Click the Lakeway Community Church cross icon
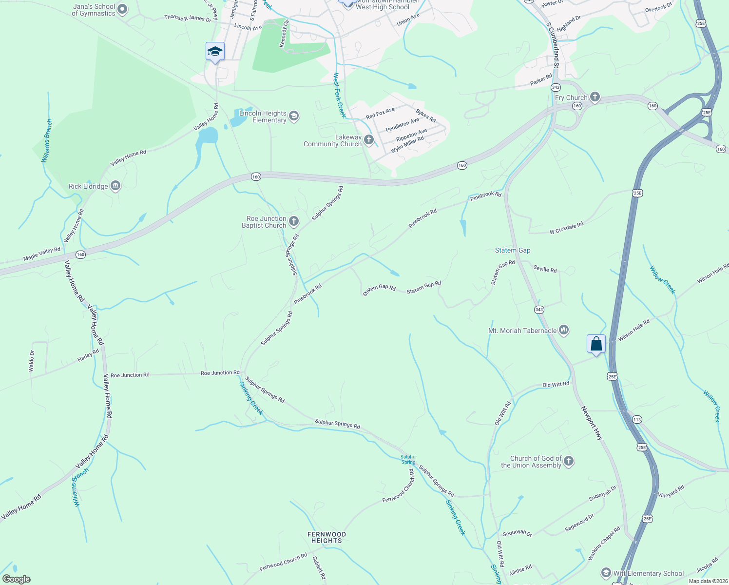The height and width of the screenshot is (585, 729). pyautogui.click(x=369, y=140)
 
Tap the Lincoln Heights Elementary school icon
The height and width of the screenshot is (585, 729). pyautogui.click(x=294, y=116)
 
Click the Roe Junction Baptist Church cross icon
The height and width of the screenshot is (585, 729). pyautogui.click(x=294, y=222)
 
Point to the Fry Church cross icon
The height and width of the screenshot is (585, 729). pyautogui.click(x=595, y=97)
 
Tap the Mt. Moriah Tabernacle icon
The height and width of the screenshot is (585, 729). pyautogui.click(x=564, y=330)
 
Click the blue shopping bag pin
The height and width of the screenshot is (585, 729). pyautogui.click(x=596, y=345)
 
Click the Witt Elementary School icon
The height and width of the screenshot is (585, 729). pyautogui.click(x=606, y=573)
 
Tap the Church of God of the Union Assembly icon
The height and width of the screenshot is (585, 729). pyautogui.click(x=569, y=461)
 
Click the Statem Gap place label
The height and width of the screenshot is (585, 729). pyautogui.click(x=513, y=250)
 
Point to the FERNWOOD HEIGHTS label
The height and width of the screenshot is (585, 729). pyautogui.click(x=326, y=537)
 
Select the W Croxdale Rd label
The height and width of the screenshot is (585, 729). pyautogui.click(x=566, y=228)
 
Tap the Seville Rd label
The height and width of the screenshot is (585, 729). pyautogui.click(x=545, y=269)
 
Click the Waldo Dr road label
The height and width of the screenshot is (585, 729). pyautogui.click(x=32, y=361)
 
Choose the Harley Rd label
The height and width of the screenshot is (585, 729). pyautogui.click(x=88, y=355)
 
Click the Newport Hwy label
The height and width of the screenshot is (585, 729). pyautogui.click(x=592, y=423)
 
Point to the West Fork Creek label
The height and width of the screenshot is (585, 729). pyautogui.click(x=339, y=95)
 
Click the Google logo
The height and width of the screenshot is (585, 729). pyautogui.click(x=17, y=579)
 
